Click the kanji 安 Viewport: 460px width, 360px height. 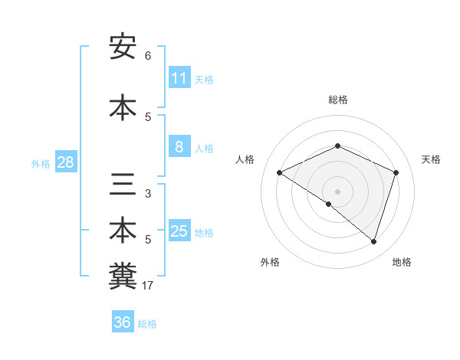tap(123, 47)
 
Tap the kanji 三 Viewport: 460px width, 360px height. tap(123, 185)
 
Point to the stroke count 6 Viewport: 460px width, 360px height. tap(148, 56)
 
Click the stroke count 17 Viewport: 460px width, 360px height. tap(148, 286)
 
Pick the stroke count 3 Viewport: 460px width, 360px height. tap(148, 194)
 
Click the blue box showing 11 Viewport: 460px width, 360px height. tap(179, 78)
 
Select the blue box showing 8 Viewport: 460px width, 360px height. tap(179, 147)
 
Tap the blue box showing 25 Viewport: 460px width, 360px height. tap(179, 231)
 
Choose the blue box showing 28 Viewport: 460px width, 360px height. tap(65, 162)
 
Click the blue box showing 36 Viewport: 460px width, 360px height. tap(123, 322)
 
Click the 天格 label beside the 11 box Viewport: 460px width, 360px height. tap(204, 79)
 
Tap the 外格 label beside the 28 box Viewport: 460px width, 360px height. tap(41, 163)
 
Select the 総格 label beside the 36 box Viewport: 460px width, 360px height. tap(147, 323)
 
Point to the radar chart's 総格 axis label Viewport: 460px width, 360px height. tap(337, 100)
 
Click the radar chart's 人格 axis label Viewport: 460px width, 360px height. tap(245, 159)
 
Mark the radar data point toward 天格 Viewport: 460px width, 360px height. tap(396, 172)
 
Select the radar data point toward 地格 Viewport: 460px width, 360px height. tap(373, 241)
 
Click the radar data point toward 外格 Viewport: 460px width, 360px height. tap(329, 204)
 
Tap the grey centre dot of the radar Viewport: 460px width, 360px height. tap(337, 191)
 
